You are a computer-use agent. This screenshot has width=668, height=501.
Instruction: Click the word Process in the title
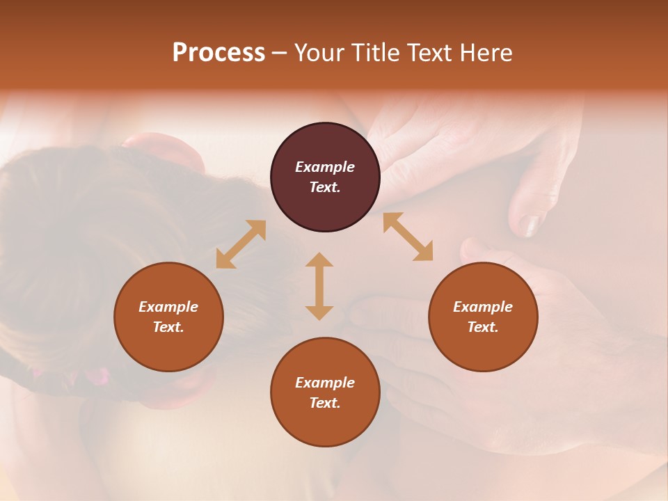[x=218, y=53]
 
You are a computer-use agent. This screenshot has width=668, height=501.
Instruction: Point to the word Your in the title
[x=321, y=53]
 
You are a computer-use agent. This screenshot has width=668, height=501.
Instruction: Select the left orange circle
[x=168, y=317]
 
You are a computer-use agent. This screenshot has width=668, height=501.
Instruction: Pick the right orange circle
[x=483, y=317]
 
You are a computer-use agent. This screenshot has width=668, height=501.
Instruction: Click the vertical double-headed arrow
[x=319, y=286]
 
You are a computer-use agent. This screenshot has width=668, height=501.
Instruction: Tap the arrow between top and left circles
[x=241, y=244]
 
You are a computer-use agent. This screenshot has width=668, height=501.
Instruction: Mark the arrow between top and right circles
[x=408, y=237]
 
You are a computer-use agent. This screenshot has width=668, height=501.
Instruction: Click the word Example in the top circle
[x=325, y=167]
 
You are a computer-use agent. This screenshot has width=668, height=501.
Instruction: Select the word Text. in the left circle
[x=168, y=327]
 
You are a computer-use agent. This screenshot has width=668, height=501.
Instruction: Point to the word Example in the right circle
[x=483, y=307]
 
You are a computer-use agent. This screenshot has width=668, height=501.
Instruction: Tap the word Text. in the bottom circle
[x=325, y=403]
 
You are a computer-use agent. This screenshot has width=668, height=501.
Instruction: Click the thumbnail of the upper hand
[x=530, y=224]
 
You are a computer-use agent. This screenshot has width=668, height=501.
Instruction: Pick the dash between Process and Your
[x=279, y=53]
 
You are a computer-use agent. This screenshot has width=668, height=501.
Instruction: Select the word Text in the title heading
[x=427, y=53]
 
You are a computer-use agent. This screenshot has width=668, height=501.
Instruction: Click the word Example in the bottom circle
[x=325, y=383]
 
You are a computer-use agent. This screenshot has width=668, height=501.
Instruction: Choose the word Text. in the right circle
[x=483, y=327]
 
